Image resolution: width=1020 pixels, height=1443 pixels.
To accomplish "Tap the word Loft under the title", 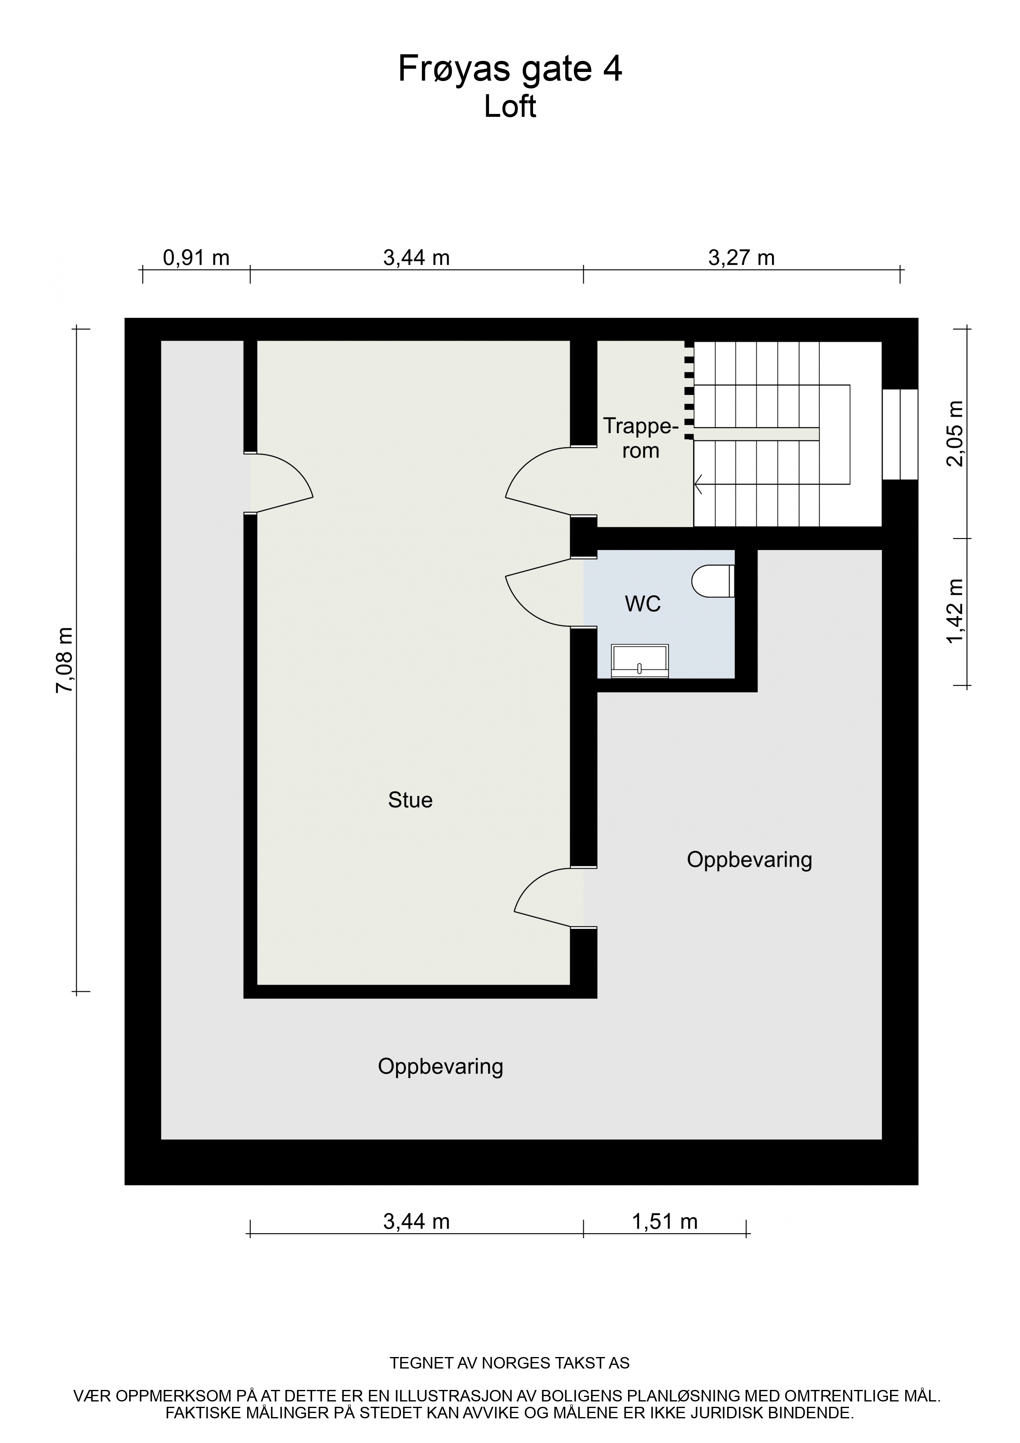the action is click(x=510, y=107).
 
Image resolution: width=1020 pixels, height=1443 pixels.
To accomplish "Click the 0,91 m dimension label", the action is click(x=196, y=258).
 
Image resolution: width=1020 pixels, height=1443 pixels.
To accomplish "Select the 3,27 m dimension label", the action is click(x=742, y=258).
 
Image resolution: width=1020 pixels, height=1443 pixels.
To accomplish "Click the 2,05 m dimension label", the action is click(x=955, y=434).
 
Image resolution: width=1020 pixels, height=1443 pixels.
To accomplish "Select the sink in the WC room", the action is click(x=640, y=661).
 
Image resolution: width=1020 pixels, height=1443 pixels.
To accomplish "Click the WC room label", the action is click(x=643, y=604).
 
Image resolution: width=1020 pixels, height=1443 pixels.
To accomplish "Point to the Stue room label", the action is click(x=410, y=800).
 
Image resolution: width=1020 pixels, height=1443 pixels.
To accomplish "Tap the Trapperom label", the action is click(x=641, y=438).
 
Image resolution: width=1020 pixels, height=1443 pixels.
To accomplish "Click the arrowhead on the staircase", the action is click(x=698, y=485).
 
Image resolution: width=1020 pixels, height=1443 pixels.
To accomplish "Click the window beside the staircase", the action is click(x=900, y=434).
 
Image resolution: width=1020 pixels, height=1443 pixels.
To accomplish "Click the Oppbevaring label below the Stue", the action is click(x=440, y=1067).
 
